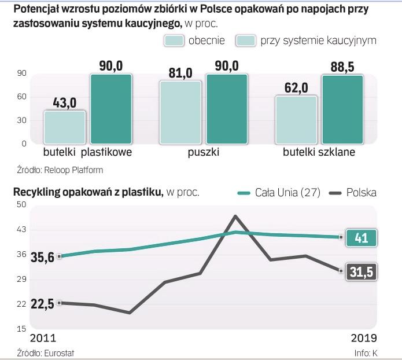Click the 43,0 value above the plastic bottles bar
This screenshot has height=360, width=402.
pos(64,102)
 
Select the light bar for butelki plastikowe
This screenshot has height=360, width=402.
pos(64,127)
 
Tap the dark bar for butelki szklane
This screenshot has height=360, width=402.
pos(342,109)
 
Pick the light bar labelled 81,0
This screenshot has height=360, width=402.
pos(180,112)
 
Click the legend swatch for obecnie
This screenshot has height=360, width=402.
pos(174,41)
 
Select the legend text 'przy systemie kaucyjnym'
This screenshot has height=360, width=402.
pos(318,41)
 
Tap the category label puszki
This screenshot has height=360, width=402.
pos(203,153)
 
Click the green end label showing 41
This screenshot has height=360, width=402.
pos(361,237)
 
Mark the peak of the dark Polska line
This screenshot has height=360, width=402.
pos(235,216)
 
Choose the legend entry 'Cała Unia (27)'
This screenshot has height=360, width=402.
pos(282,193)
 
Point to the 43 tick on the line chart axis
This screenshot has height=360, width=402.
pos(21,230)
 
